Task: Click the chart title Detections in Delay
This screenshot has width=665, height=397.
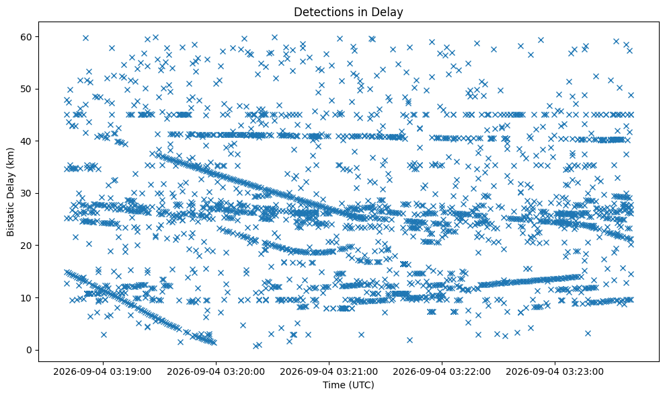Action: tap(348, 12)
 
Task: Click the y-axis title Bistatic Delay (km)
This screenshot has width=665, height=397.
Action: tap(10, 192)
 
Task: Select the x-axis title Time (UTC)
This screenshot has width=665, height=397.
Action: tap(348, 385)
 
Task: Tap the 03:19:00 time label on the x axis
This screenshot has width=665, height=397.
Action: tap(103, 372)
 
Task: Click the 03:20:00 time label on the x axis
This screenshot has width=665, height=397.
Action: tap(216, 372)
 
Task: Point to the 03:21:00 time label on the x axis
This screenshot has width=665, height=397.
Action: tap(329, 372)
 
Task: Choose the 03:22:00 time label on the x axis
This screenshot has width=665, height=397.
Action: tap(442, 372)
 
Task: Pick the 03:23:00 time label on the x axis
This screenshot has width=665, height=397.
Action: tap(555, 372)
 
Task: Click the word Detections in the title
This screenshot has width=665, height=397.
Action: tap(322, 12)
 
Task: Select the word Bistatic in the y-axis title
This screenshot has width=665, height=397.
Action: tap(10, 217)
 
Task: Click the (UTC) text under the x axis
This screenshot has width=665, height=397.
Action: tap(362, 385)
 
